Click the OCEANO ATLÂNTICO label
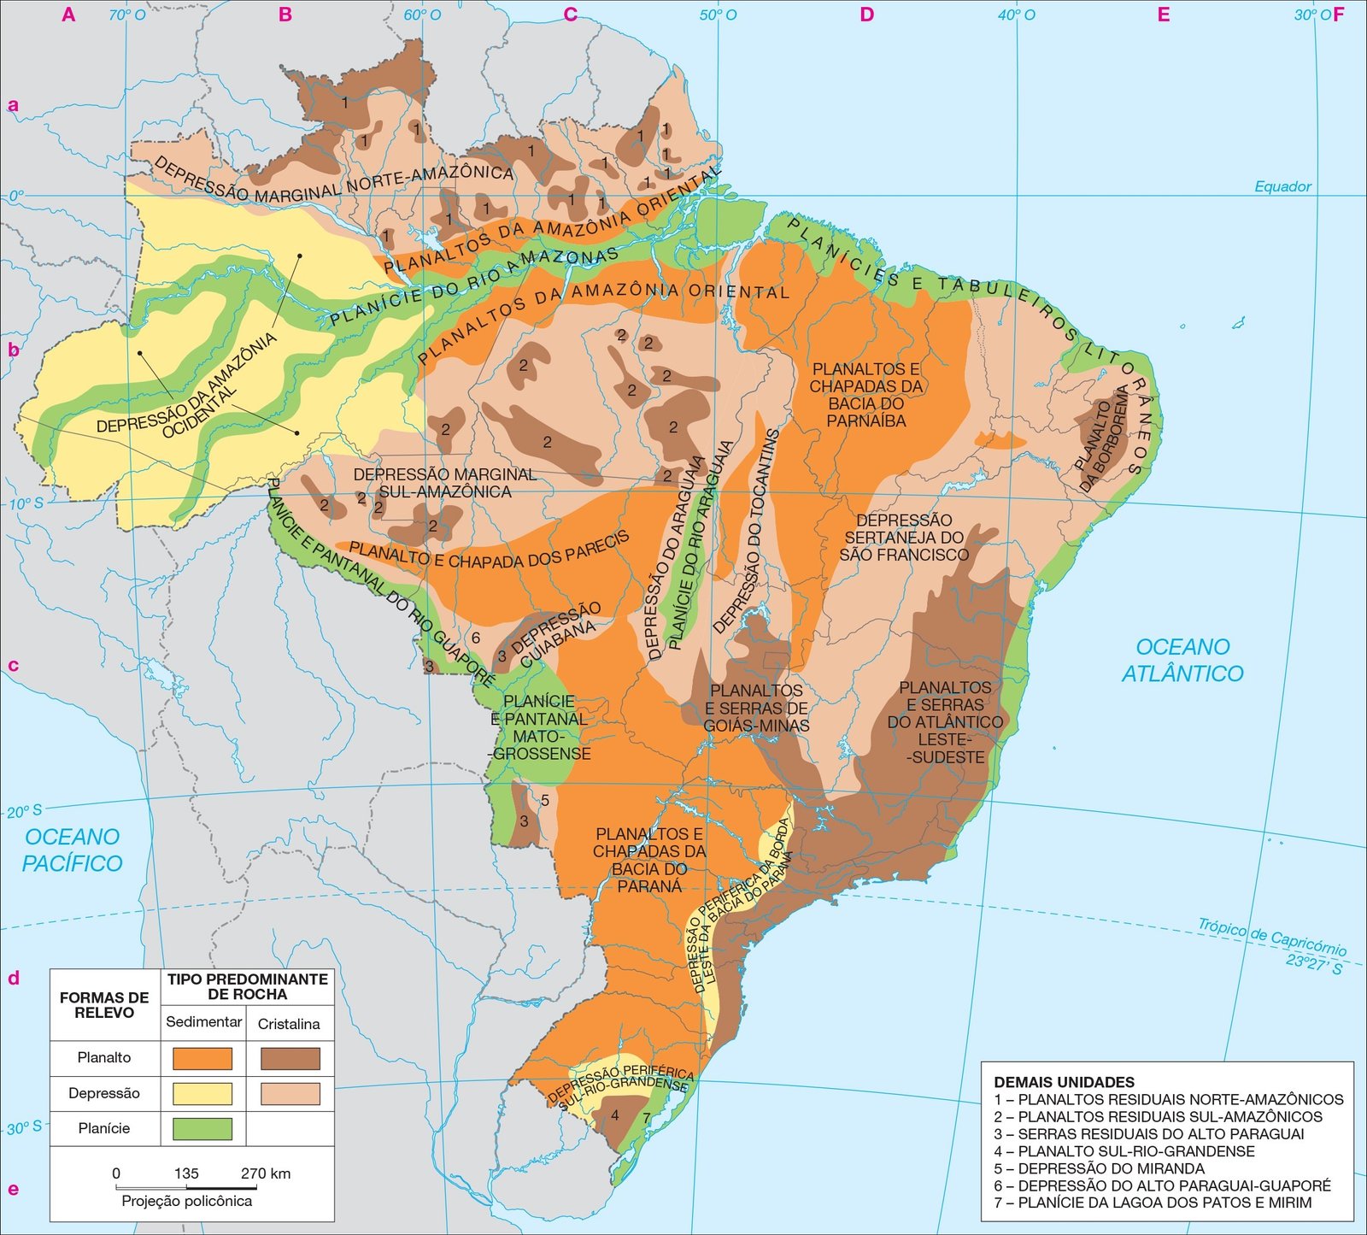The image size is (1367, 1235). point(1182,660)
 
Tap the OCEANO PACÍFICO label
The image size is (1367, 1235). point(72,850)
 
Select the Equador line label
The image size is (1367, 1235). point(1282,186)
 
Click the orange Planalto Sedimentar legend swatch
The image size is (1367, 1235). point(202,1058)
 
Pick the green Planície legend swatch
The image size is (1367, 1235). point(202,1128)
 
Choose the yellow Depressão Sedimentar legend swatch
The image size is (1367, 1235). point(202,1093)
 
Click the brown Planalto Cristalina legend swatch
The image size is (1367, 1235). point(290,1058)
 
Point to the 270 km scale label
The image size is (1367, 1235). point(266,1173)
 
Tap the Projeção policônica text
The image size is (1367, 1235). point(186,1201)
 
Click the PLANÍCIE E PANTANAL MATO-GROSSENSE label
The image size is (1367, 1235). point(539,727)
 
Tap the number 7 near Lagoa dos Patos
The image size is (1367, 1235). point(646,1118)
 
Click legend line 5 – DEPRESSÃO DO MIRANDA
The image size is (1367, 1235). point(1100,1168)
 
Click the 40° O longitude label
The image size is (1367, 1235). point(1017,15)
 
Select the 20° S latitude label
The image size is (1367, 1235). point(24,811)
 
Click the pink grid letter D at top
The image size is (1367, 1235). point(866,15)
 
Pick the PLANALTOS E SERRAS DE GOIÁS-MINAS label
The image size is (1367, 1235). point(756,708)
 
